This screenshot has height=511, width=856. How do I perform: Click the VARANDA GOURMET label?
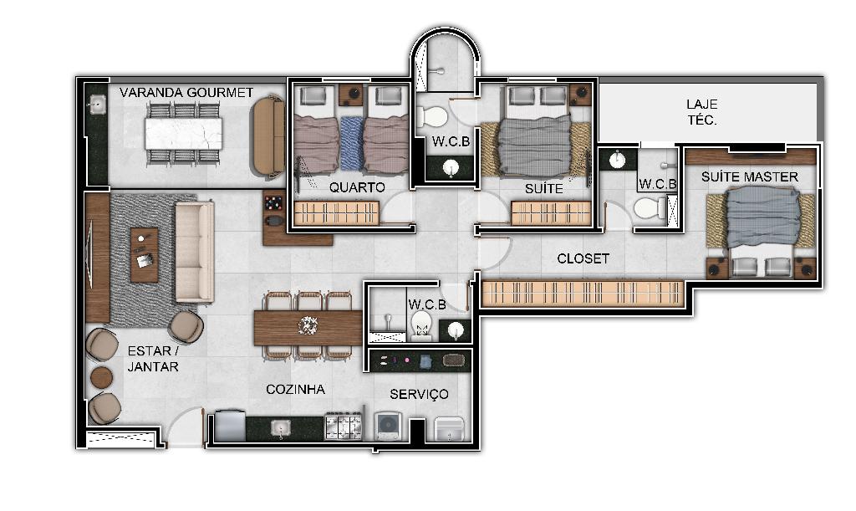click(x=186, y=92)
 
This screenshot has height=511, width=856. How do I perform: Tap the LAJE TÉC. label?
click(x=702, y=112)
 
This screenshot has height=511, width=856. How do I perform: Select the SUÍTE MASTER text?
click(x=750, y=177)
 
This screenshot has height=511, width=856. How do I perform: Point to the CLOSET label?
click(x=583, y=258)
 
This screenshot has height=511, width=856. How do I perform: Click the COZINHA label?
click(x=295, y=389)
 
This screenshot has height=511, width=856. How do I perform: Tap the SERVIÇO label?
click(x=420, y=394)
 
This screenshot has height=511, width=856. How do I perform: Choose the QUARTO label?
click(x=357, y=187)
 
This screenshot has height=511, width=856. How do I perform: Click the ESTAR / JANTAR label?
click(x=153, y=359)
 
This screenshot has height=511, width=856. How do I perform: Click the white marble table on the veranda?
click(x=183, y=134)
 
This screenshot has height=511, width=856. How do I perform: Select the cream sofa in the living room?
click(x=194, y=252)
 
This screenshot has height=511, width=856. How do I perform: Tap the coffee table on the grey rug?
click(x=144, y=255)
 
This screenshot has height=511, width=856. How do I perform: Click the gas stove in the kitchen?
click(x=344, y=427)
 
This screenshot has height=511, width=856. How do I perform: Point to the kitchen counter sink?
click(x=281, y=427)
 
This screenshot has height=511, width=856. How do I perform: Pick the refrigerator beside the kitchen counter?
click(x=230, y=426)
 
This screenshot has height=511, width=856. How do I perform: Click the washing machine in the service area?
click(x=388, y=426)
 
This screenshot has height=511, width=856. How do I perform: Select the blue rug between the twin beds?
click(x=351, y=143)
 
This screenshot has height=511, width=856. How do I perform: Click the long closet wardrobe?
click(x=583, y=294)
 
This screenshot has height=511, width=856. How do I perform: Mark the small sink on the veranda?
click(x=97, y=105)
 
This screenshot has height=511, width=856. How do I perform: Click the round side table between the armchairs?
click(x=101, y=377)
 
